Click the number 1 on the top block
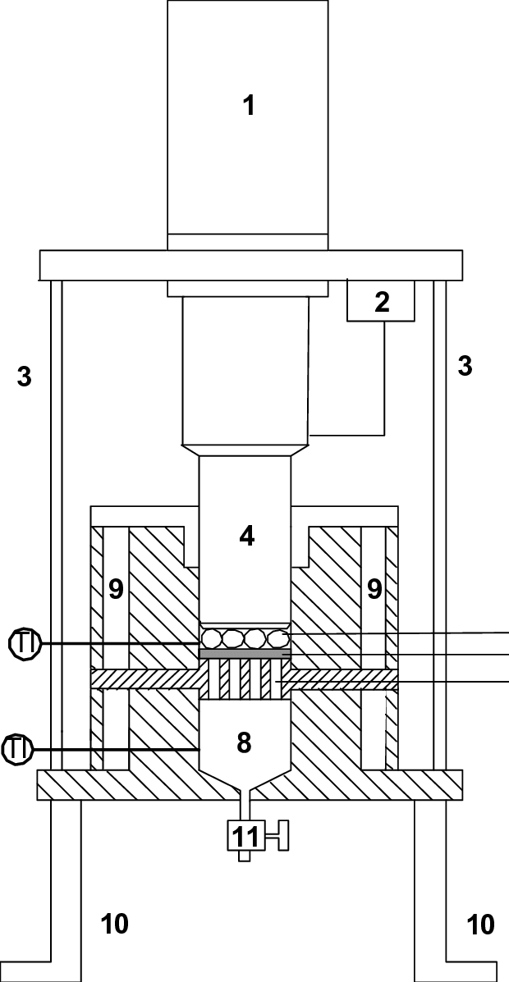[248, 105]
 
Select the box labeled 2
[381, 301]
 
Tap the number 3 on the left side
[25, 377]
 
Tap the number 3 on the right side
[465, 366]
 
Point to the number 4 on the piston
[246, 536]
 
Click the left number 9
[116, 588]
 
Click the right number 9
[374, 588]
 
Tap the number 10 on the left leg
[114, 924]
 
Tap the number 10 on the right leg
[480, 924]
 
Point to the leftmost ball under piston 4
[213, 637]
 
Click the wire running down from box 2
[384, 377]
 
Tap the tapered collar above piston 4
[245, 450]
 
